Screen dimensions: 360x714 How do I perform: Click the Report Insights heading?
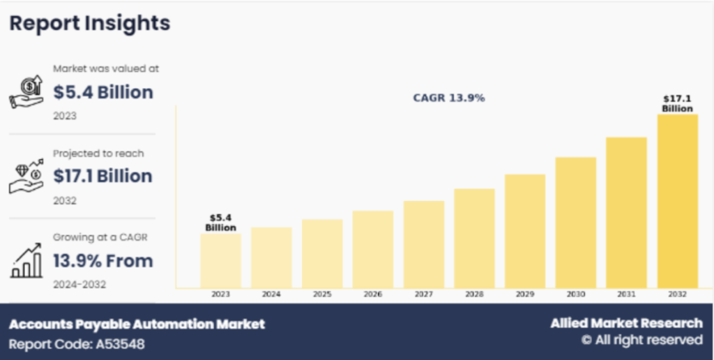89,23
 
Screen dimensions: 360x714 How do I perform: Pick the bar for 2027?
423,244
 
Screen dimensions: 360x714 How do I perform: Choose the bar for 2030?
575,223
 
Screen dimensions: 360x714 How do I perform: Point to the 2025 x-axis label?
322,295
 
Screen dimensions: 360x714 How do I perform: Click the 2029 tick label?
525,295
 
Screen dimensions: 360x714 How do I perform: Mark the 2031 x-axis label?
626,295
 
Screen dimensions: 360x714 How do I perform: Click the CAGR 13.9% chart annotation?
449,98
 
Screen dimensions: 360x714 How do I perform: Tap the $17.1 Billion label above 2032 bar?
677,104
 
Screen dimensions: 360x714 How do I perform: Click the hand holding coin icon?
26,91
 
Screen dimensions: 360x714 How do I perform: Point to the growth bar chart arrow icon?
26,261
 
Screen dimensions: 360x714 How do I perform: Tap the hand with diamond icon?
26,176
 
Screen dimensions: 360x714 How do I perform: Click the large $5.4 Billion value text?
103,92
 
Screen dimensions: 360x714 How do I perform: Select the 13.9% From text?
103,261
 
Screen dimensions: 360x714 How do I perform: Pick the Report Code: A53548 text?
77,344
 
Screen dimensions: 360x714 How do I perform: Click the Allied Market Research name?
626,323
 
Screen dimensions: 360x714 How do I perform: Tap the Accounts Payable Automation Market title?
137,324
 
